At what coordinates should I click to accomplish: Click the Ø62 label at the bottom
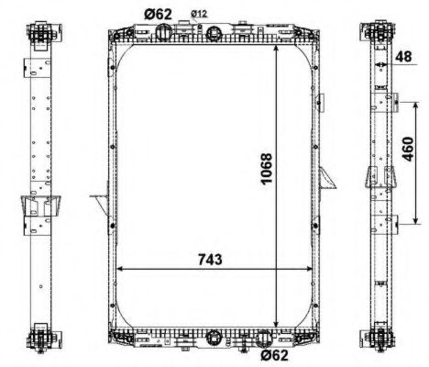pos(273,355)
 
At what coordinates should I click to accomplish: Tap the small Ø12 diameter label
pos(200,13)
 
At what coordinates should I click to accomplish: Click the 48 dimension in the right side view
pos(402,56)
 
